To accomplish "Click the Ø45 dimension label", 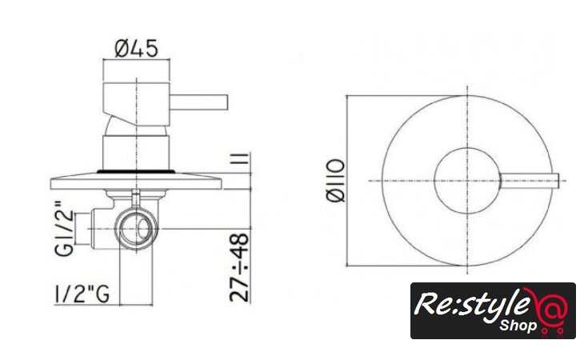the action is tap(136, 49).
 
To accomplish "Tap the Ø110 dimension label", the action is tap(335, 181).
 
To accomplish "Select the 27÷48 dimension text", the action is tap(238, 267).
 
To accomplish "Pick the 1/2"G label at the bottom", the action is tap(82, 294).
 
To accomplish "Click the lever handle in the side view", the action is tap(198, 102).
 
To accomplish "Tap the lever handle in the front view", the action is tap(530, 181).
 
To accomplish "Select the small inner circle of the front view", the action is tap(467, 148).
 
